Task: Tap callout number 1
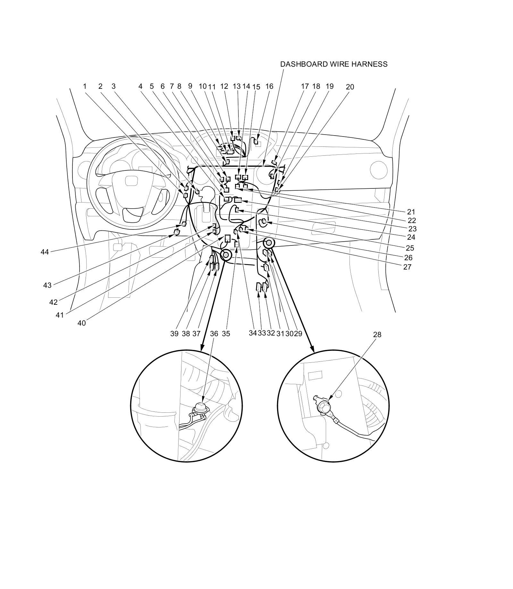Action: click(85, 86)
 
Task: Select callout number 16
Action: click(269, 86)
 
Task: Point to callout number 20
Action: click(350, 87)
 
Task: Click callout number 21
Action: click(411, 212)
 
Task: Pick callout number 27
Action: click(407, 267)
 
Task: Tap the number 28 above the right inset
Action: click(377, 335)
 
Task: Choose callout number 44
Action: click(45, 252)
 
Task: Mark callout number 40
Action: click(81, 323)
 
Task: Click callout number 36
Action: click(214, 334)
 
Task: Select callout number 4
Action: click(140, 86)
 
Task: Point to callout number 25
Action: click(410, 248)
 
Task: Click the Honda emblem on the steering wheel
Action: click(130, 181)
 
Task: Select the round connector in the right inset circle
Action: click(322, 406)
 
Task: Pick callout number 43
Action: click(47, 285)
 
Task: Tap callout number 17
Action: click(305, 86)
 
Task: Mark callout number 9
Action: click(190, 86)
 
